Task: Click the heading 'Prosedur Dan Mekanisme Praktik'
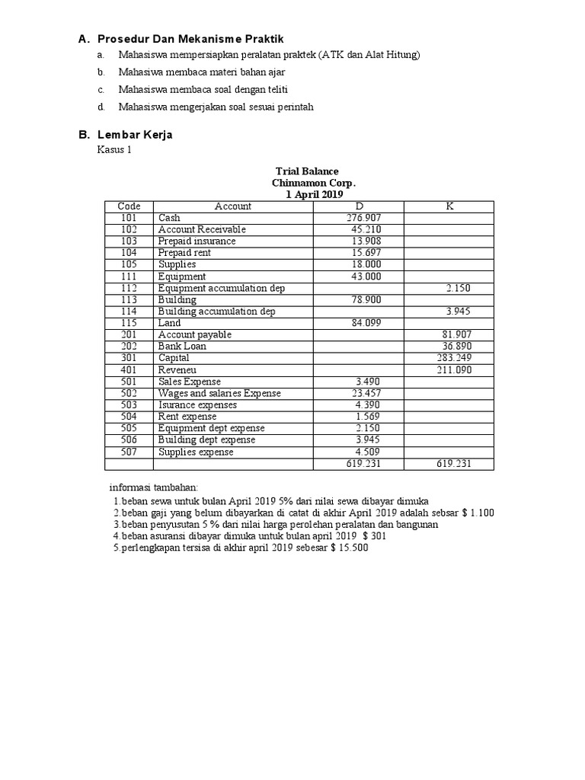point(191,39)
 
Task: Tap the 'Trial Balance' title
point(307,171)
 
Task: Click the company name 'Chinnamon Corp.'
point(313,183)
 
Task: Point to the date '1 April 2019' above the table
point(314,195)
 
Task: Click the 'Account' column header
point(233,206)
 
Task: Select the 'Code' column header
point(129,206)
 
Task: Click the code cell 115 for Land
point(129,323)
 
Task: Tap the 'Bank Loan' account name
point(182,347)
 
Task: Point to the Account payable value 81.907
point(457,335)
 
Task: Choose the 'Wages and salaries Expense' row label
point(219,393)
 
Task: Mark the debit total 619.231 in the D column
point(363,464)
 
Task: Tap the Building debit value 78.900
point(366,300)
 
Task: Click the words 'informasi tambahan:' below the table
point(153,487)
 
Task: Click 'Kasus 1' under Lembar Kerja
point(114,150)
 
